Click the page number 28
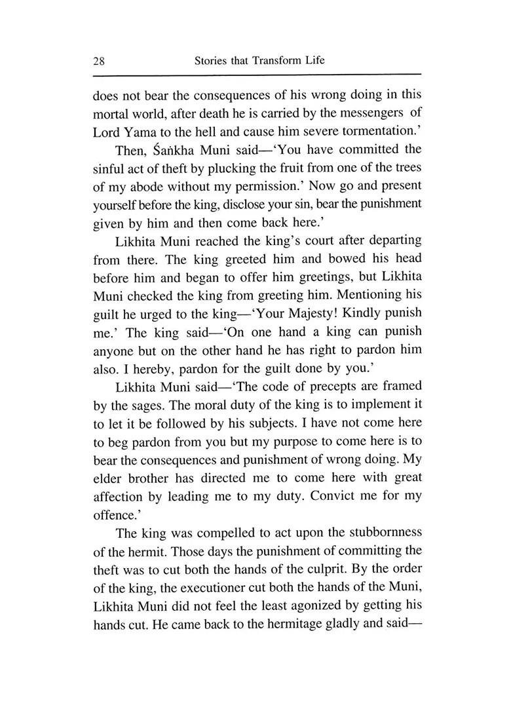click(100, 61)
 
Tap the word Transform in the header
click(267, 60)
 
